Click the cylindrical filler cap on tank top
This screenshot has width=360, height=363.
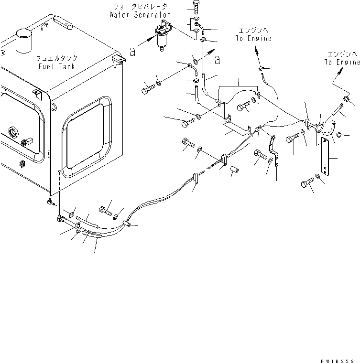(23, 39)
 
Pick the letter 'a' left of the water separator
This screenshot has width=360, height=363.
(133, 52)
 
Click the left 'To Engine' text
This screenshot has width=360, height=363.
(253, 39)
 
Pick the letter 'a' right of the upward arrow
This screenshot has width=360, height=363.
(218, 61)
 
